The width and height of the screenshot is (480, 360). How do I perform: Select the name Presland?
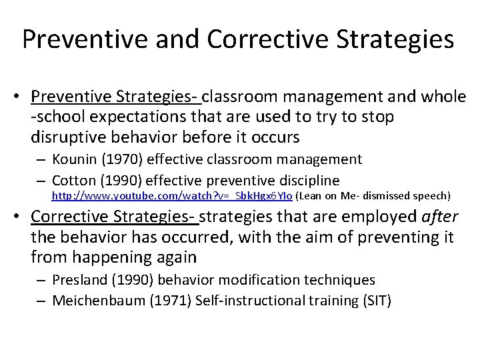pos(77,281)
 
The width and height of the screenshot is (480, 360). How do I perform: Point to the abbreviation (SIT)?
pos(376,301)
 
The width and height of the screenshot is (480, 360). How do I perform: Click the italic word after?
pos(435,217)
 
